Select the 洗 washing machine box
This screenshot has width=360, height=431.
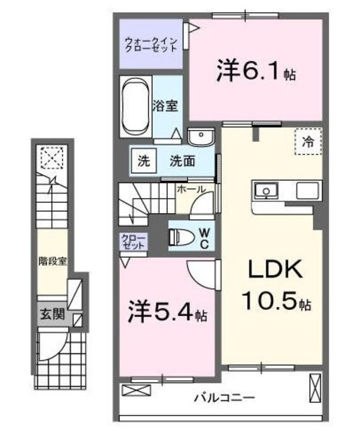pos(144,162)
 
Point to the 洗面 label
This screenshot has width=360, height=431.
pos(182,162)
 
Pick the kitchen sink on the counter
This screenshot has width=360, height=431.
pos(268,191)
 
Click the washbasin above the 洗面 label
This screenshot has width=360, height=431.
pos(201,137)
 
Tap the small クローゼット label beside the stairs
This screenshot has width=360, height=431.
pos(131,242)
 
